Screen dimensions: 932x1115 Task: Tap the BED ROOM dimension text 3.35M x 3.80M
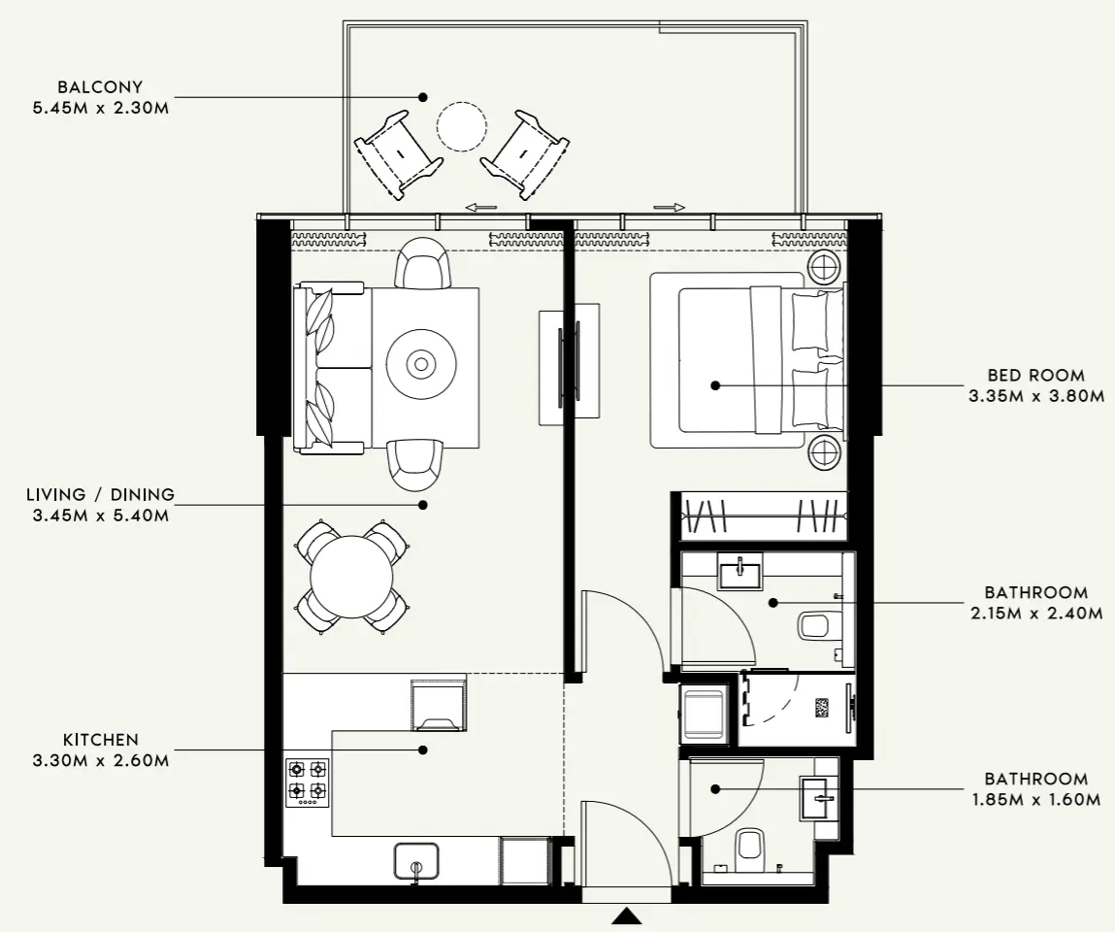point(1035,396)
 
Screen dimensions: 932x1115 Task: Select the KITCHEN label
point(101,740)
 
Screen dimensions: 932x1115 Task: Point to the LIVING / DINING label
point(101,495)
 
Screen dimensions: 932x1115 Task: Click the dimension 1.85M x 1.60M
point(1035,800)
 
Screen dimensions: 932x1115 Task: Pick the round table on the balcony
point(461,126)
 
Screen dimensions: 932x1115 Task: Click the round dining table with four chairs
point(351,576)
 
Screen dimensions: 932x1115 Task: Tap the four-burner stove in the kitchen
point(308,782)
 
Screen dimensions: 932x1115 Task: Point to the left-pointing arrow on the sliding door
point(481,207)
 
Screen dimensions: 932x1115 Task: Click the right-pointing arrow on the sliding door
point(670,207)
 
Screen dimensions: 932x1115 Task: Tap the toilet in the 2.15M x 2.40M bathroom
point(813,626)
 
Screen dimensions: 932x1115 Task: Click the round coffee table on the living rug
point(420,365)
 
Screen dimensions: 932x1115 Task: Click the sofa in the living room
point(320,367)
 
